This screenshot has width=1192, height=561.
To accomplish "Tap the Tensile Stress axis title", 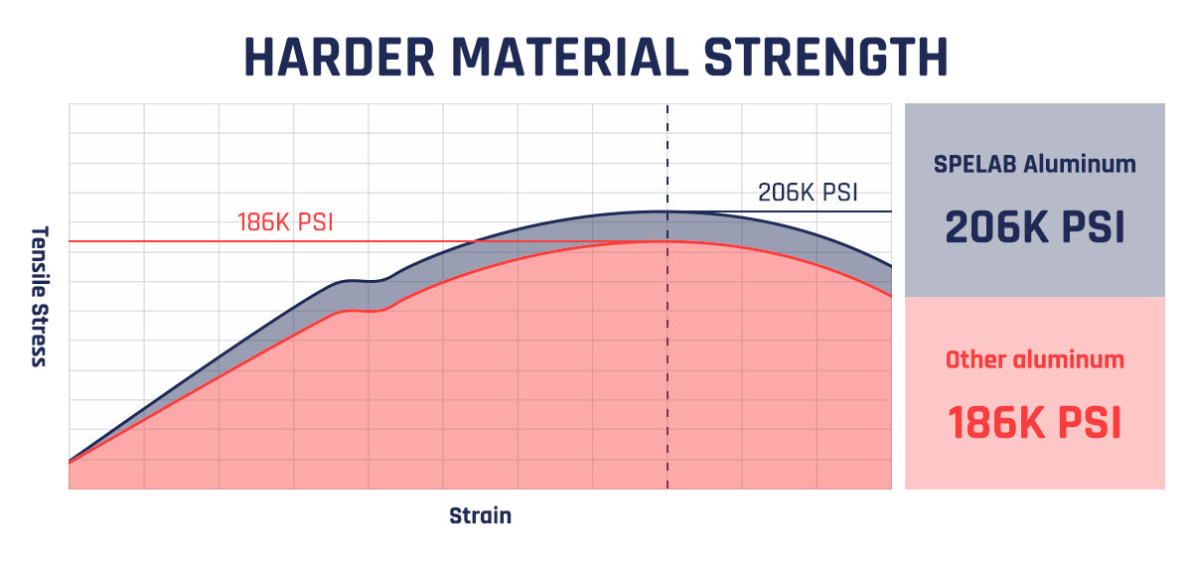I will (x=39, y=296).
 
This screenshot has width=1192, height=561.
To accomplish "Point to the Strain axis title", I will (x=480, y=516).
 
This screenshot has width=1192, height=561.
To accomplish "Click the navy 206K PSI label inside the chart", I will (x=807, y=193).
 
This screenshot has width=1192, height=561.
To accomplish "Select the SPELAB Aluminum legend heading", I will (x=1034, y=164).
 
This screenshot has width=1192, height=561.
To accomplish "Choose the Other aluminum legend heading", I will (x=1034, y=359).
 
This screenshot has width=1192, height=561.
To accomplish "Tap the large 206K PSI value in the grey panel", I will (x=1034, y=226).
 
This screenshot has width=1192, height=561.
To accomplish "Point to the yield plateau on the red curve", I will (x=363, y=311).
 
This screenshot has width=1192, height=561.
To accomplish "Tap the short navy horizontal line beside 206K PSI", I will (x=795, y=211).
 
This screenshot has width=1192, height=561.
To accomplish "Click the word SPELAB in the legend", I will (x=975, y=164).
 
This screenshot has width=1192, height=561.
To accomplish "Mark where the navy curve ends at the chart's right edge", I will (x=890, y=266).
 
